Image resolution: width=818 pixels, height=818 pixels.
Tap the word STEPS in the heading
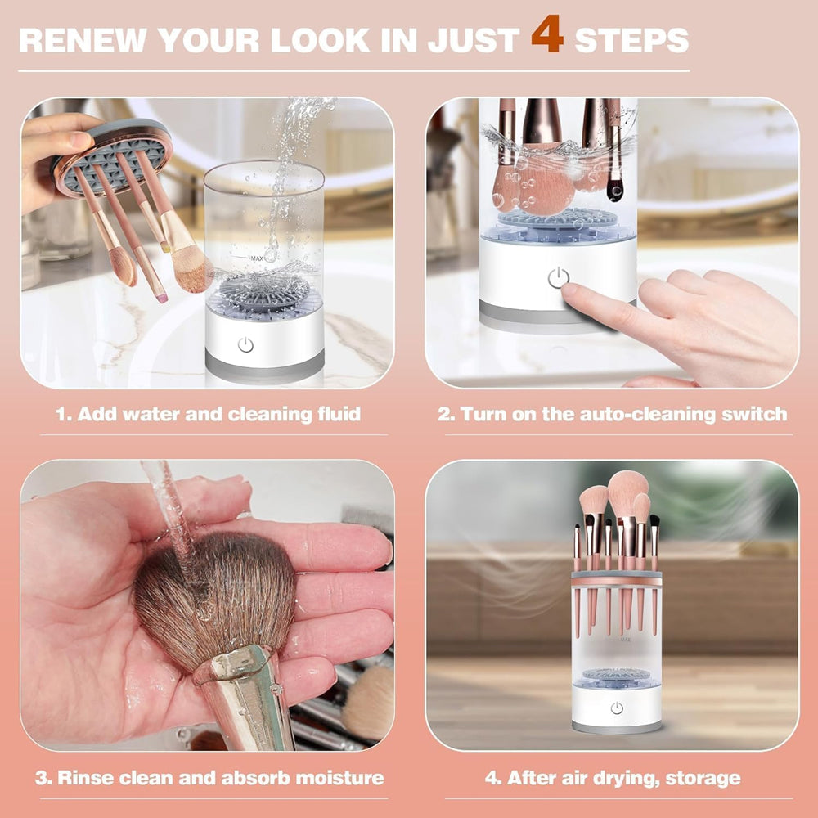631,39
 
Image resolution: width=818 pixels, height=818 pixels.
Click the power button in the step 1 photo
245,344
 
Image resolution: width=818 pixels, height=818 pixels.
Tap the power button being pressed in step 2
558,278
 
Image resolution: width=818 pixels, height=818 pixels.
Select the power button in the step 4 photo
616,708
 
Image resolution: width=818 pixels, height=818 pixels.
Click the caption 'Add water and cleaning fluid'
208,414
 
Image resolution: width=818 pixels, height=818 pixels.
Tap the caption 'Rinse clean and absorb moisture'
209,777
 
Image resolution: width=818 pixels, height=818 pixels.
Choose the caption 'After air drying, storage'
613,777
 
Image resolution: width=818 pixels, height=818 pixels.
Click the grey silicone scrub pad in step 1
262,293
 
